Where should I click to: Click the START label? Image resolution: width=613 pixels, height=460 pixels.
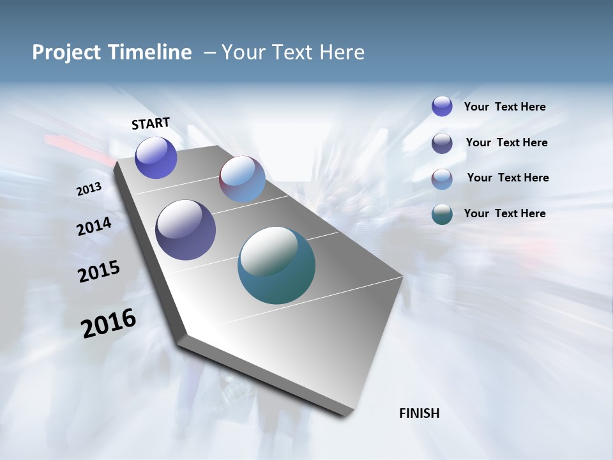[151, 123]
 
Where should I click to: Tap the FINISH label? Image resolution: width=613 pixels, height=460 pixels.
[420, 413]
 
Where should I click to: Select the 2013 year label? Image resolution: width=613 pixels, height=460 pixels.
[89, 189]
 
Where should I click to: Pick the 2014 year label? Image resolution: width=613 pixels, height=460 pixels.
[95, 227]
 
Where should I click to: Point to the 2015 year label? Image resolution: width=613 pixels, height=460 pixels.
[99, 272]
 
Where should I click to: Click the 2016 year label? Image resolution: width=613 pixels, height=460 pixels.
[109, 323]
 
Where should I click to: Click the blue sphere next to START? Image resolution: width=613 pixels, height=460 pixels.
[156, 157]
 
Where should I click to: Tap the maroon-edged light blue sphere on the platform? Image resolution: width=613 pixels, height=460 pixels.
[242, 179]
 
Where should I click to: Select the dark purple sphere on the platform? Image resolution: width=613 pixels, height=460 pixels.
[185, 230]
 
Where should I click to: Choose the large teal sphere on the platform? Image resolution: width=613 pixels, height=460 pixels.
[276, 265]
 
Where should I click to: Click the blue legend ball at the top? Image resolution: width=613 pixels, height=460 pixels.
[442, 106]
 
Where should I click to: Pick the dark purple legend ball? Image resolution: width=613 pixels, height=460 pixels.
[442, 143]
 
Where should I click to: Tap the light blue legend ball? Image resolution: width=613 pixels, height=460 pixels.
[442, 179]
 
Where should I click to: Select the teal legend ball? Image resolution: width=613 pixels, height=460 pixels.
[442, 215]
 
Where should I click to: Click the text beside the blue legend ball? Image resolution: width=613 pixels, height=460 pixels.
[504, 107]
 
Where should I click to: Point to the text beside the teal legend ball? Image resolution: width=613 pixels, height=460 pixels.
[504, 213]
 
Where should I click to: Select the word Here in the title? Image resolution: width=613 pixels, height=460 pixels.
[342, 52]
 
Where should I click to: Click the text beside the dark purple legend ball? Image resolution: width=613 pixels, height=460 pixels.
[506, 142]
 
